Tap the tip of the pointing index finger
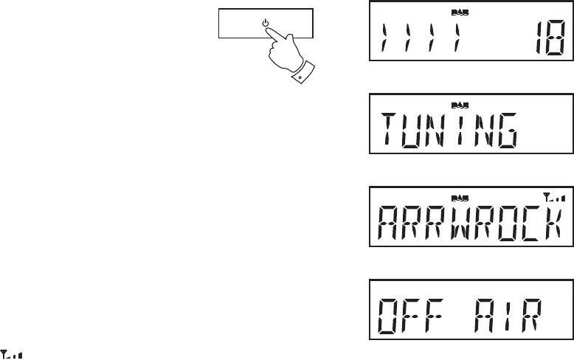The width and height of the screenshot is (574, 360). (269, 30)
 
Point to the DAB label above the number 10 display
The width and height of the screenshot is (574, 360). (458, 13)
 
